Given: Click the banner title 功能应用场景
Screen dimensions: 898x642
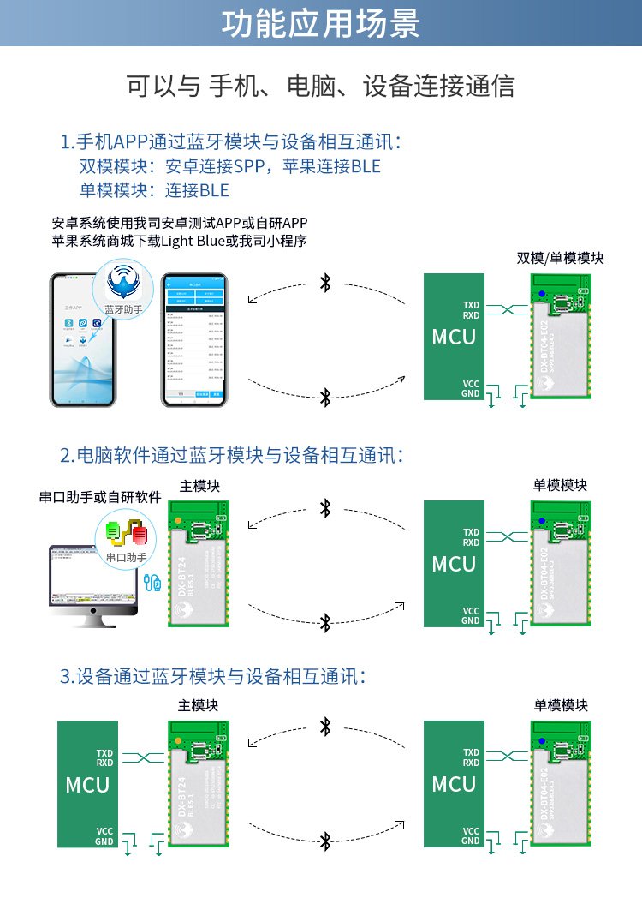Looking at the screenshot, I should [x=321, y=24].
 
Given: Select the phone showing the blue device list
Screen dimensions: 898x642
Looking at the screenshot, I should [x=196, y=340].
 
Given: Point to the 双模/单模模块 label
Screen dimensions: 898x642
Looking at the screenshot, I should [x=560, y=258].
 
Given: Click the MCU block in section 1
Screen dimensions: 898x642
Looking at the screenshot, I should [x=454, y=337].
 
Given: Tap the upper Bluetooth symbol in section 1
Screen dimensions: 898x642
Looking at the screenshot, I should [x=324, y=283].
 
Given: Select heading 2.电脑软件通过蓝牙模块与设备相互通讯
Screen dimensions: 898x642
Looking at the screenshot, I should [x=231, y=455].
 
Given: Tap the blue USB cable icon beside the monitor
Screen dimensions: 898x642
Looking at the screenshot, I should [x=153, y=584].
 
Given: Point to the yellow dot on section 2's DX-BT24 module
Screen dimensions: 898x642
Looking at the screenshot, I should [x=176, y=520].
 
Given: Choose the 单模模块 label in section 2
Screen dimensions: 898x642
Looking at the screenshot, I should [x=560, y=485].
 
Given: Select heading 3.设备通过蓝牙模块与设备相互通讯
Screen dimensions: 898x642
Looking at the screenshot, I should [x=214, y=676].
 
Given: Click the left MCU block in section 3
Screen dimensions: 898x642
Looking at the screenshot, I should [x=87, y=784].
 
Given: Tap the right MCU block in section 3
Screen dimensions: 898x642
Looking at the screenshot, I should [x=454, y=784].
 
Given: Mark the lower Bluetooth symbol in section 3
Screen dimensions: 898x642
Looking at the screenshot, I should [x=324, y=841].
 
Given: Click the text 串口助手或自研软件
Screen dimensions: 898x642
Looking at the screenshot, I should [x=100, y=497].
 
